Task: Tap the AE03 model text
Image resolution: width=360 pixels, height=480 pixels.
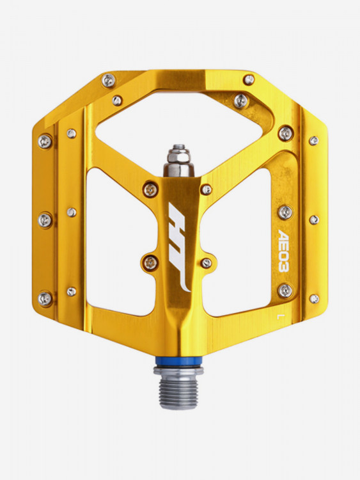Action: pos(284,250)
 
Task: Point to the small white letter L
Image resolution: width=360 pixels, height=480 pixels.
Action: pos(279,317)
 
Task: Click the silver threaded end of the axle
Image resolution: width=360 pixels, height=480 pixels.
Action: pos(179,392)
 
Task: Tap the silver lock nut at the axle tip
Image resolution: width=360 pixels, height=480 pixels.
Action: pos(178,156)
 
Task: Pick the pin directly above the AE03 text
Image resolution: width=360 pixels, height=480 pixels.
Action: pos(285,212)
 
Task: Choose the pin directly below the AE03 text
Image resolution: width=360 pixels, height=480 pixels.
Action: pos(285,291)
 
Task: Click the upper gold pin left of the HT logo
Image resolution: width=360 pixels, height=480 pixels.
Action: pos(150,190)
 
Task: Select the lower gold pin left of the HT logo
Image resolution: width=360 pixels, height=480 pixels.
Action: pos(150,263)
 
